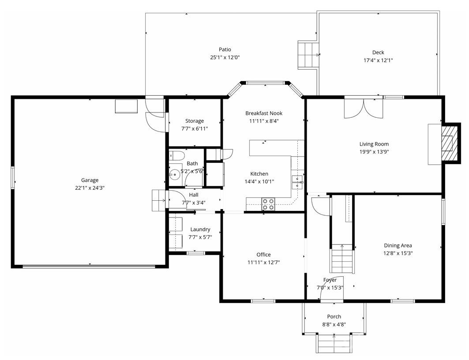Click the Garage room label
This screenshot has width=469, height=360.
[x=90, y=180]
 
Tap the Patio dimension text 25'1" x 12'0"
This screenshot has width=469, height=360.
[x=225, y=57]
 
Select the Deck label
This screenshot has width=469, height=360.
[x=378, y=52]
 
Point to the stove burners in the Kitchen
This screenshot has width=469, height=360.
[x=268, y=204]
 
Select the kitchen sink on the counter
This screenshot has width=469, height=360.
[x=298, y=181]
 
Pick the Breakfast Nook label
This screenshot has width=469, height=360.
[x=264, y=113]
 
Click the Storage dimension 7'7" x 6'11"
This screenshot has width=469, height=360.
[x=195, y=129]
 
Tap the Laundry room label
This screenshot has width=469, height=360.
[x=200, y=229]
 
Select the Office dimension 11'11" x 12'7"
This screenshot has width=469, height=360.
[x=263, y=262]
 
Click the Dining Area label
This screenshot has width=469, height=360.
[x=398, y=246]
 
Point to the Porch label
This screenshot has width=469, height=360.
[x=334, y=316]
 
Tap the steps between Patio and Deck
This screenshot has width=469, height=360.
[x=308, y=55]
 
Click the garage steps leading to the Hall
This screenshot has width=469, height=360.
[x=158, y=200]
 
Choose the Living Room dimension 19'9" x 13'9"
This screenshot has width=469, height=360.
[x=374, y=152]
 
